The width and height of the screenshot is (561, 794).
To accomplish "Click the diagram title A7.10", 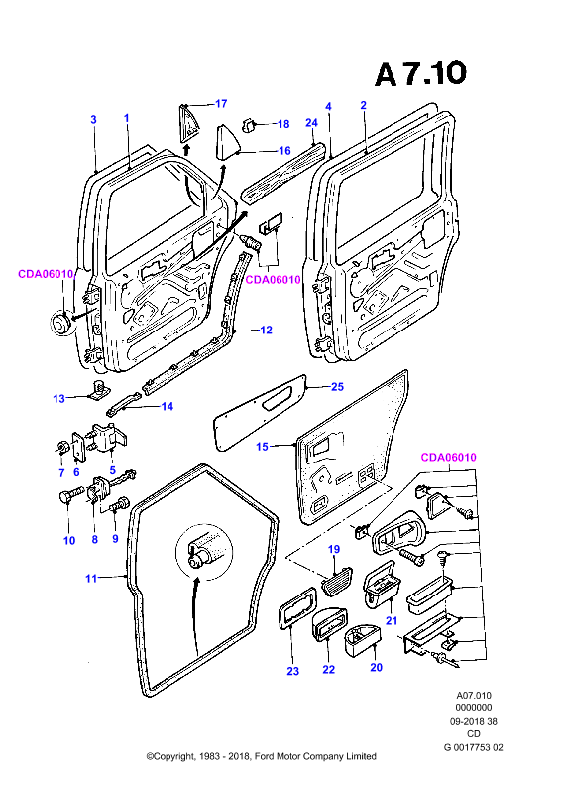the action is pos(420,73).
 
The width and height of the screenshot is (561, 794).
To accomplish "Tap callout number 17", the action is pos(221,104).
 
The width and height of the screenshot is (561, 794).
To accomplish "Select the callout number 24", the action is pos(311,122).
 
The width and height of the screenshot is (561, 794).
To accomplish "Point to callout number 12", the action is pos(266,330).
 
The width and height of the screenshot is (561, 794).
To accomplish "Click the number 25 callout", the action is pos(337,386).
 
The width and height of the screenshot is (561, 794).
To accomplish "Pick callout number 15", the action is pos(262,446).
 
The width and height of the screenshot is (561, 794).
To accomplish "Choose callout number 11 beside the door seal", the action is pos(91,578).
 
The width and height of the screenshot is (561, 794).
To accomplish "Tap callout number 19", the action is pos(334,549).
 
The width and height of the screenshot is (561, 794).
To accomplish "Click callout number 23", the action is pos(293,671).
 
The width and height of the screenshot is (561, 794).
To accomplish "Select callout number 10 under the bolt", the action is pos(69,540).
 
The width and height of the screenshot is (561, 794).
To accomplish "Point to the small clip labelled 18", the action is pos(249,125).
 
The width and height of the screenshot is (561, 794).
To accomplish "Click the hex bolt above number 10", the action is pos(69,494).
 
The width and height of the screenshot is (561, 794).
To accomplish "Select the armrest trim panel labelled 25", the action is pos(261,412).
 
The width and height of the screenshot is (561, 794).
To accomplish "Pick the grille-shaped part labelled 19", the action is pos(336,579).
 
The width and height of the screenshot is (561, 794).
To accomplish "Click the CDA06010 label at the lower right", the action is pos(449,457).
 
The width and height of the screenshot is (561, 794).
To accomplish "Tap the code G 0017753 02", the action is pos(474,747).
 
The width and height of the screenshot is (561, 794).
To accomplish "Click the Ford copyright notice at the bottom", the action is pos(261,756).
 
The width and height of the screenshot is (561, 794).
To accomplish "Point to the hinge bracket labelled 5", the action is pos(109,438).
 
